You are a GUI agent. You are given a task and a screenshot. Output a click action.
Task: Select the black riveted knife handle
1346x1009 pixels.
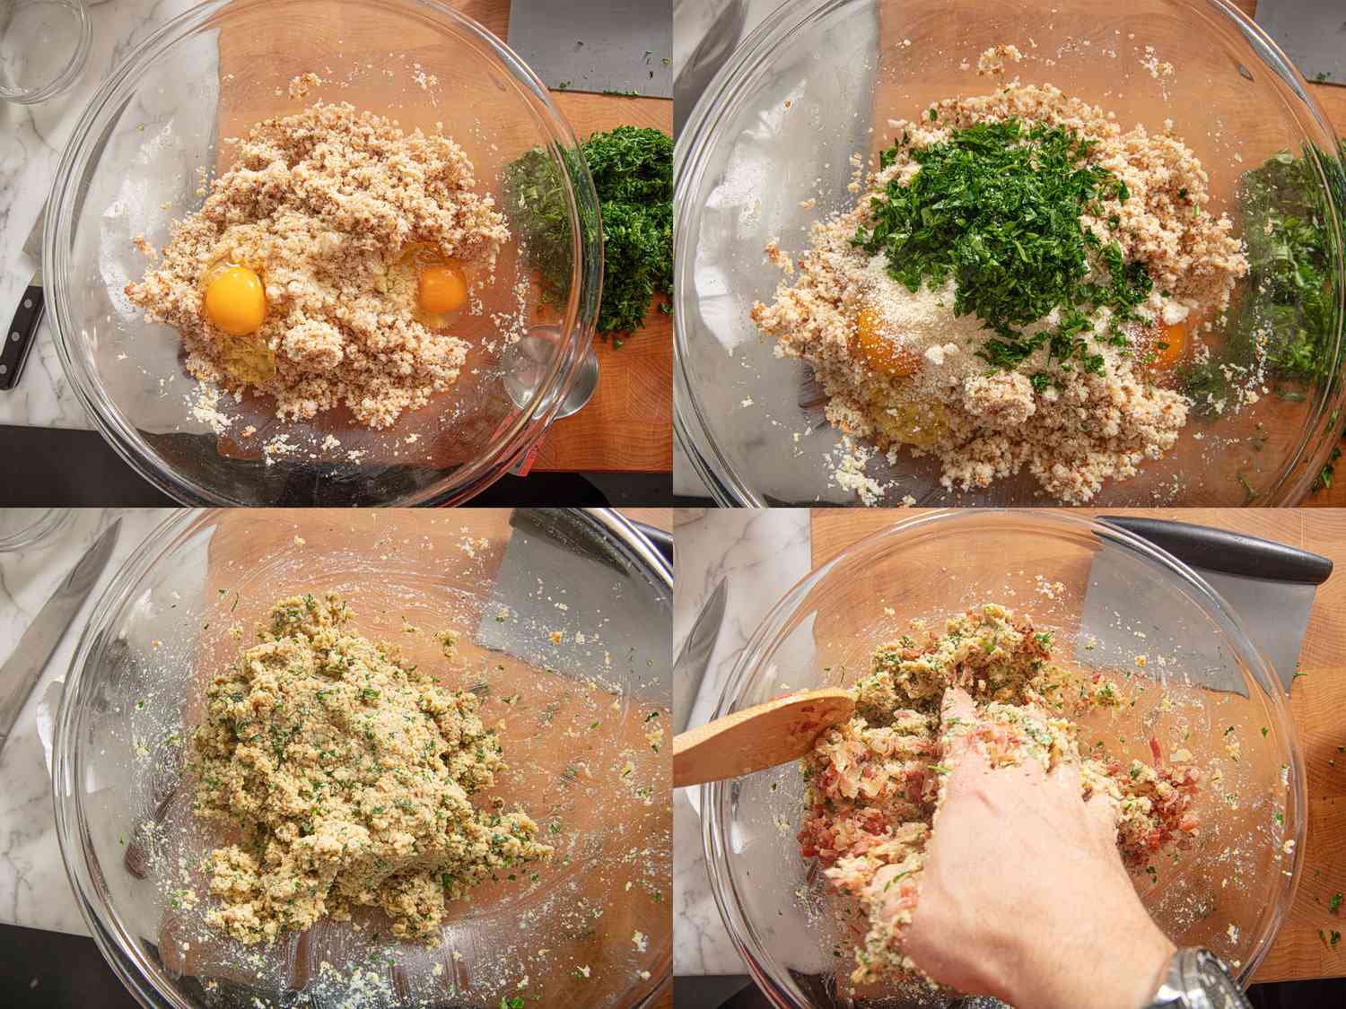pos(21,335)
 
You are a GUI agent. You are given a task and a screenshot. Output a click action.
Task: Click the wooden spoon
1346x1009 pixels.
pos(754,735)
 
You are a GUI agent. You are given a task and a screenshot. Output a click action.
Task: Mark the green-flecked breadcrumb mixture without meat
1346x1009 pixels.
pos(350,762)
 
